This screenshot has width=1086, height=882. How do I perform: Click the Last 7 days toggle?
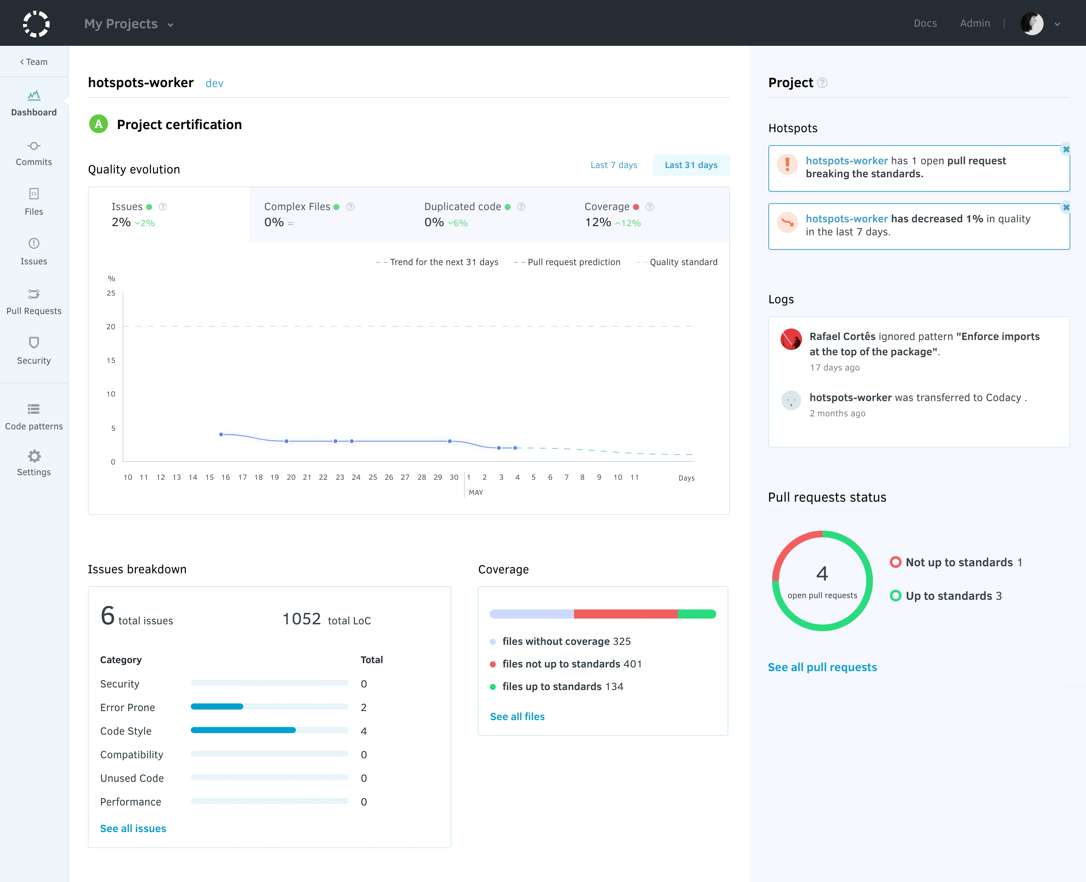click(614, 165)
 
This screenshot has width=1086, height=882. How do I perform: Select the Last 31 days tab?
click(691, 165)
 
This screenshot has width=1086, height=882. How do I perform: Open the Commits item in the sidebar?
click(34, 154)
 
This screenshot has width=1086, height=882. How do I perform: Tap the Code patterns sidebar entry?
click(34, 417)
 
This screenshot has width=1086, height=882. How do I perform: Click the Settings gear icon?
click(34, 456)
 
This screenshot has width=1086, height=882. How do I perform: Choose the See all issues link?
click(133, 829)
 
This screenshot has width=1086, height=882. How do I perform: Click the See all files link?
click(517, 716)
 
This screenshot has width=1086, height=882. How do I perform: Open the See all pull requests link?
click(822, 667)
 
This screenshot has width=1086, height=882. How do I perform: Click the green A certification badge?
click(99, 124)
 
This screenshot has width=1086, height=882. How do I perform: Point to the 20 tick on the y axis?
click(111, 327)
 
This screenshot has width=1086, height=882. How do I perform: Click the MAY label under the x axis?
click(476, 492)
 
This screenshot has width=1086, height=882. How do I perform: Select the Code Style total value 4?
click(364, 731)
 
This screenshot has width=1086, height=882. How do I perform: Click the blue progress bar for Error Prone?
click(217, 707)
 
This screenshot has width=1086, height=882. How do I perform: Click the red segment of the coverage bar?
click(625, 614)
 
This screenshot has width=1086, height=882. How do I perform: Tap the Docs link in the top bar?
click(925, 23)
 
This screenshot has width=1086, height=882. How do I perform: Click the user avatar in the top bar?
click(1032, 23)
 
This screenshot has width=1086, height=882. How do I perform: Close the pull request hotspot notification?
click(1066, 149)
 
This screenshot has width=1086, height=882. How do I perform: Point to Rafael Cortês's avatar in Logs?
click(791, 339)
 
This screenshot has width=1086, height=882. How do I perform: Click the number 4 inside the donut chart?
click(822, 574)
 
